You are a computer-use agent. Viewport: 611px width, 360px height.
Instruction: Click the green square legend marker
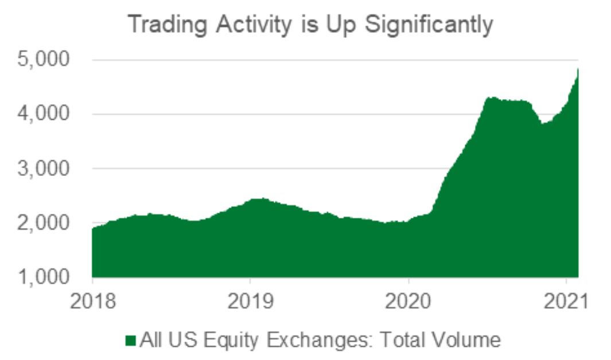tap(130, 341)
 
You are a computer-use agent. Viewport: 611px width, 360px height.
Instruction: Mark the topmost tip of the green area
tap(577, 69)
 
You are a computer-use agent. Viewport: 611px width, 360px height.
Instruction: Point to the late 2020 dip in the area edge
tap(543, 123)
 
